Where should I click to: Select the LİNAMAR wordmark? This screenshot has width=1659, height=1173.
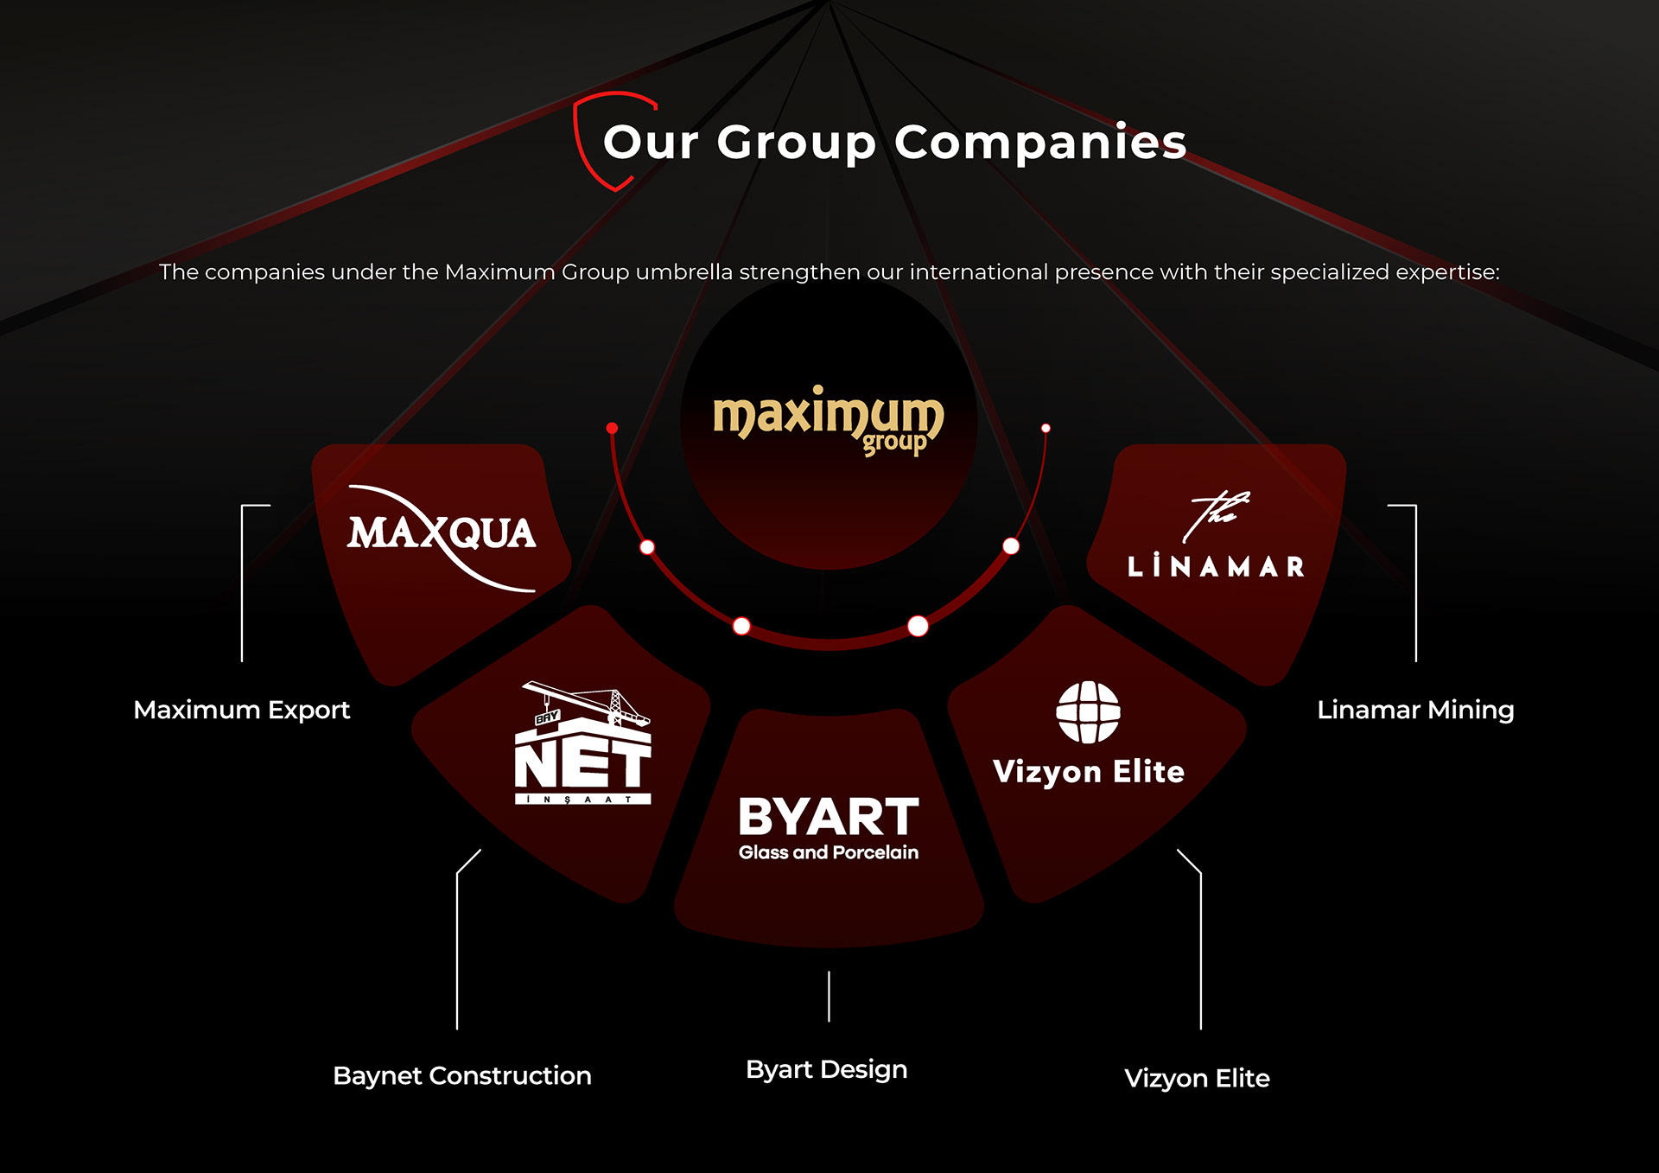coord(1216,567)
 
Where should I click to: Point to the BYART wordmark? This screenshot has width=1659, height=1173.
coord(828,818)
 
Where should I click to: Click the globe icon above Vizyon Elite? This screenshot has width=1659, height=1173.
coord(1088,712)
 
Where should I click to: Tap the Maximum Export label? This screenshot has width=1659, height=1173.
coord(242,710)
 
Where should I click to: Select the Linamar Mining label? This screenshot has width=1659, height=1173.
coord(1415,710)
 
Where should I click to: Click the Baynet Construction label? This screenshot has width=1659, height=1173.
coord(462,1075)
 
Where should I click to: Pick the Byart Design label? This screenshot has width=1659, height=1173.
coord(827,1069)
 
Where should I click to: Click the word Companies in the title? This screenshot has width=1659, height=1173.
coord(1040,142)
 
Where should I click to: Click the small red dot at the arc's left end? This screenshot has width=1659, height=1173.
coord(612,428)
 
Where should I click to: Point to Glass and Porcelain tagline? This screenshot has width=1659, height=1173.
coord(828,852)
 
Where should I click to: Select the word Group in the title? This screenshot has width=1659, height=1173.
coord(796,143)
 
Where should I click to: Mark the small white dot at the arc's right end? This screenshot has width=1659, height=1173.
coord(1046,428)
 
